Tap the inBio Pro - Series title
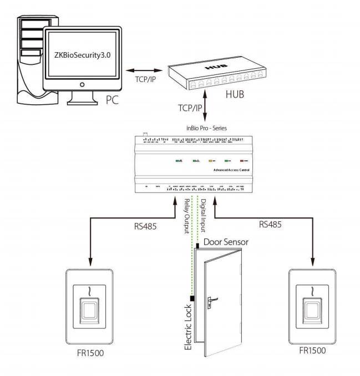point(206,128)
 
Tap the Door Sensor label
point(226,242)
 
